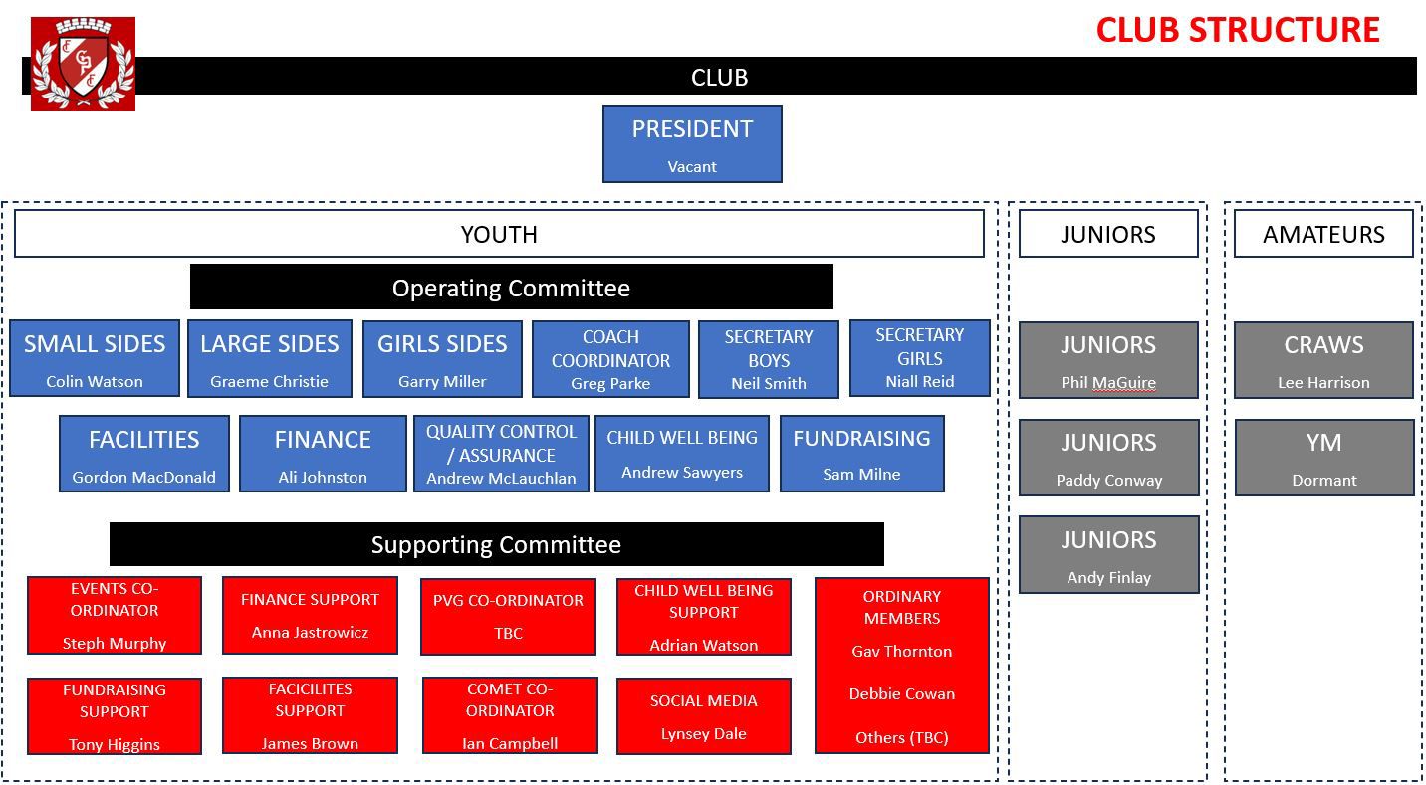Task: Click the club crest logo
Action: [83, 64]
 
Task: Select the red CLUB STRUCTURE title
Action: [1238, 30]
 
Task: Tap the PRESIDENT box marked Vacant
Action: [692, 144]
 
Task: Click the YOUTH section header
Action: [499, 234]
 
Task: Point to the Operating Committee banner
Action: [511, 287]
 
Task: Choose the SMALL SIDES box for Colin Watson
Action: [95, 358]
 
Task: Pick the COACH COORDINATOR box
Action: [610, 359]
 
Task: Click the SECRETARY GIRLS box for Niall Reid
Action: [920, 358]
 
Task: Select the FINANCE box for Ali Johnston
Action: [323, 454]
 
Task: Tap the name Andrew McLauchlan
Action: [501, 478]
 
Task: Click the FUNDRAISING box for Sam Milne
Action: [862, 454]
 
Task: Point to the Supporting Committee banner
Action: [497, 544]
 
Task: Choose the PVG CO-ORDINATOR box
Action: [508, 617]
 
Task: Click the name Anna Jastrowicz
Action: [310, 633]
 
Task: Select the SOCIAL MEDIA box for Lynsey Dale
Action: [704, 716]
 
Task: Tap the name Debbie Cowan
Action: [902, 694]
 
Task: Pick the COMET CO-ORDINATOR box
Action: [510, 715]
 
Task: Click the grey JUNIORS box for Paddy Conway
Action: [1109, 458]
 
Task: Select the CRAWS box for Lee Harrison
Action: [1324, 360]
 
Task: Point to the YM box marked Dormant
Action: [1324, 458]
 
